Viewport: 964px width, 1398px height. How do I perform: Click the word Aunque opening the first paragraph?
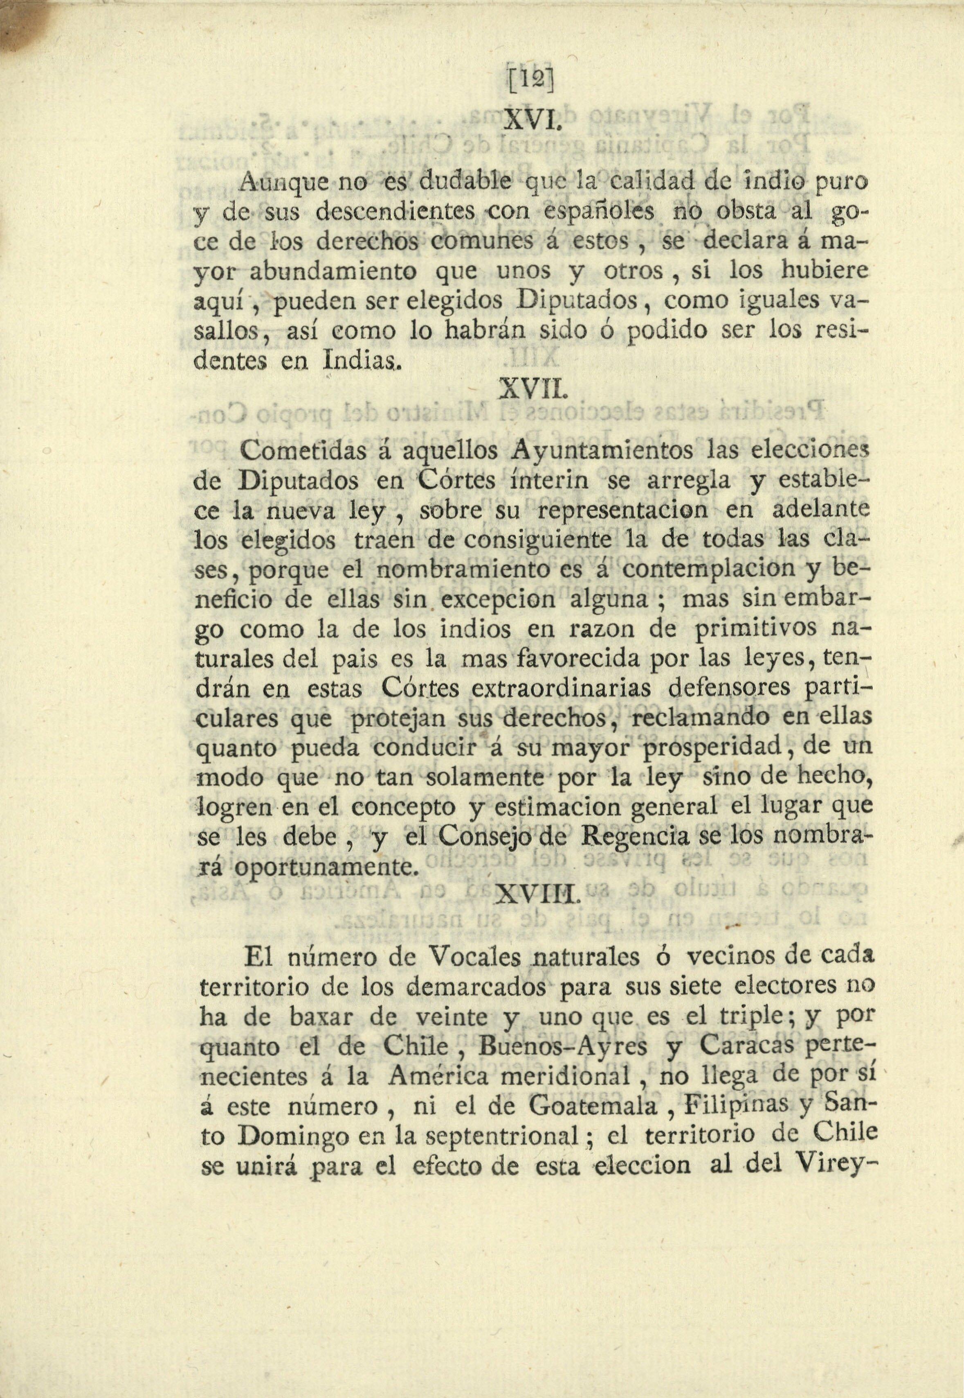(x=275, y=182)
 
